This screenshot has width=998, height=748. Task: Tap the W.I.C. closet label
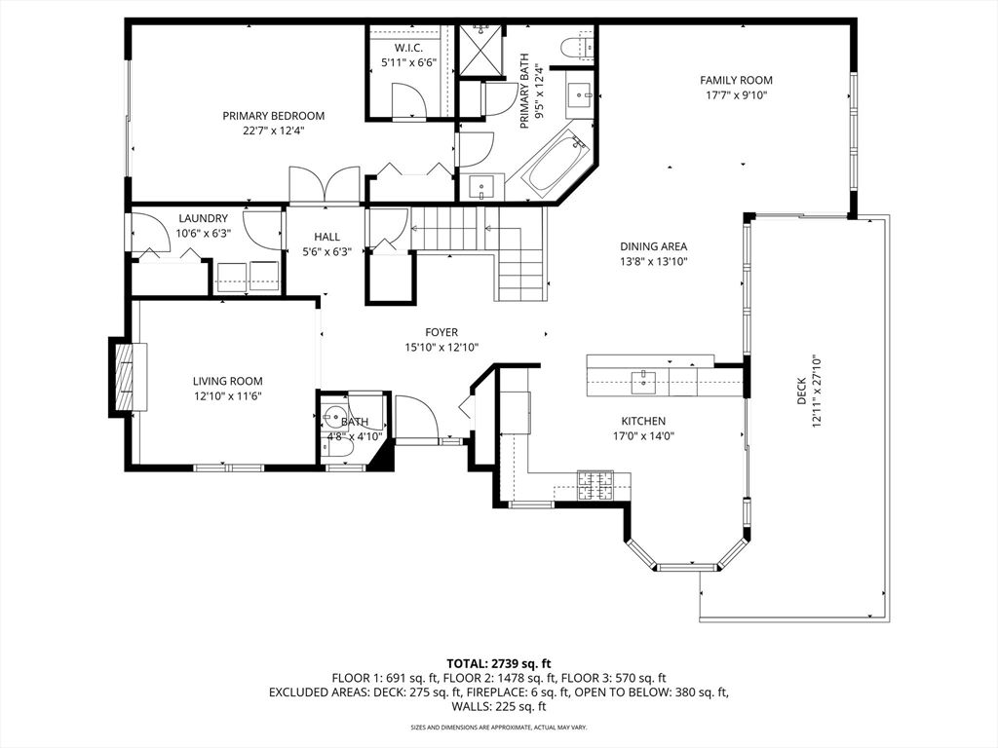tap(407, 49)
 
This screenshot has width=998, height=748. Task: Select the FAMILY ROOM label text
tap(736, 81)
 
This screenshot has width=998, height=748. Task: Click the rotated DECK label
tap(801, 392)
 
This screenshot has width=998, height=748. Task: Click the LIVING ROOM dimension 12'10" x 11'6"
tap(227, 395)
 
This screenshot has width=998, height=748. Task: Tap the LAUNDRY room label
tap(203, 218)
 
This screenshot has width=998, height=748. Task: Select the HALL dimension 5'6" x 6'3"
tap(326, 251)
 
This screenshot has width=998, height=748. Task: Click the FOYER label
tap(441, 332)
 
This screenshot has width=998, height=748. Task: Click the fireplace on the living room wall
tap(124, 377)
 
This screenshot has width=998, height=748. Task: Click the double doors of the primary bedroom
tap(326, 186)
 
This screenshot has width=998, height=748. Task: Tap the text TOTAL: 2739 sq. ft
tap(498, 662)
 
